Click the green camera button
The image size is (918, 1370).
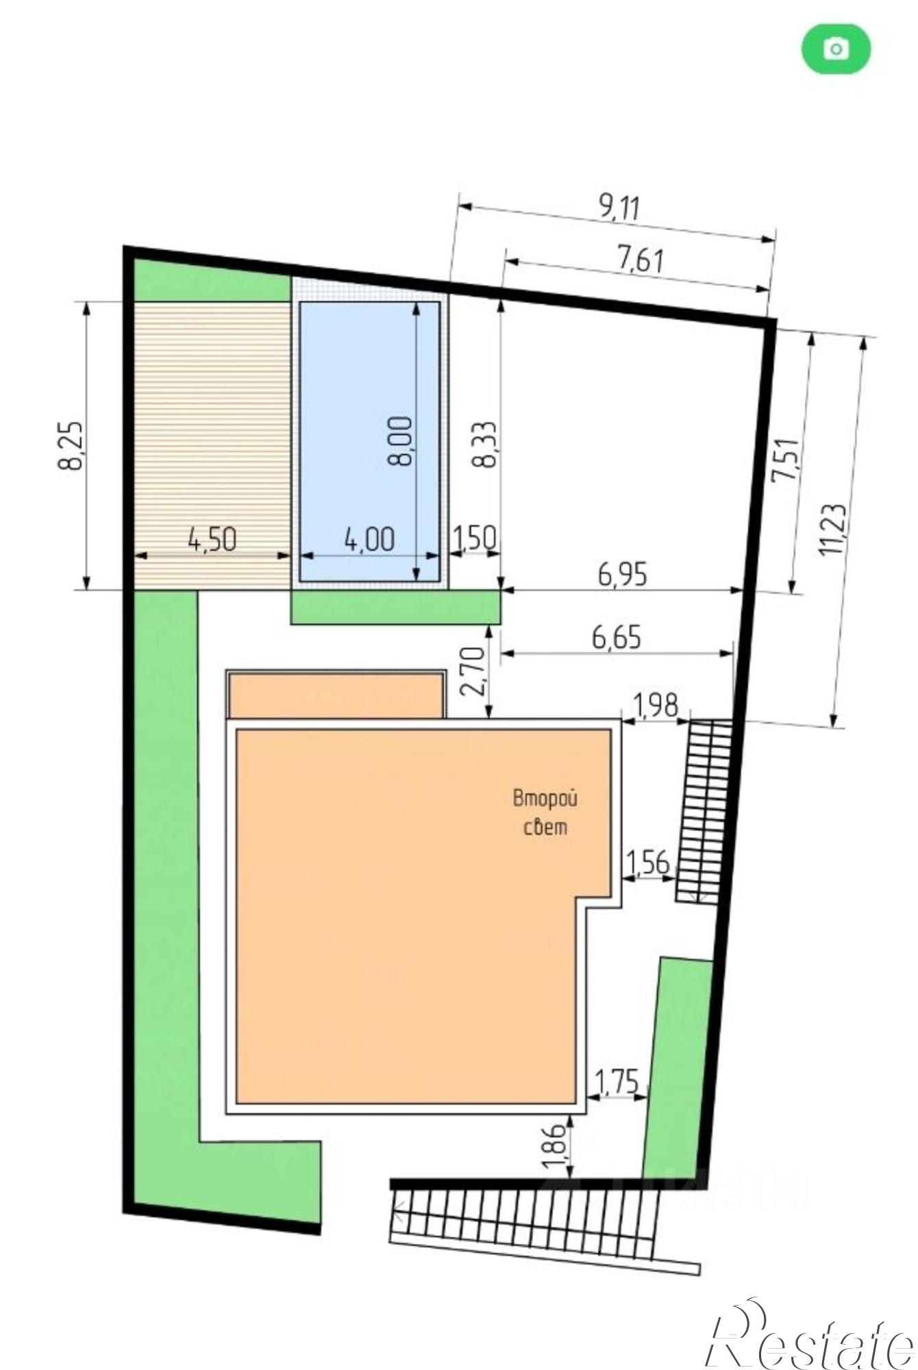836,49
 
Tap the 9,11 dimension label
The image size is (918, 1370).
620,208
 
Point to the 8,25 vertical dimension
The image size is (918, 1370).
71,445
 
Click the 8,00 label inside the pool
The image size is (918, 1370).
401,440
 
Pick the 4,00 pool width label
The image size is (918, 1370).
370,540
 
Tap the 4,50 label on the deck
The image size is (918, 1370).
212,540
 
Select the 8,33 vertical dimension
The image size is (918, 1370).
486,444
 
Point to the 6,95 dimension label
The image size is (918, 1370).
622,574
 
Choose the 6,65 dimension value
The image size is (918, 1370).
617,638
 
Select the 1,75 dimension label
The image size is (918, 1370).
618,1083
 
